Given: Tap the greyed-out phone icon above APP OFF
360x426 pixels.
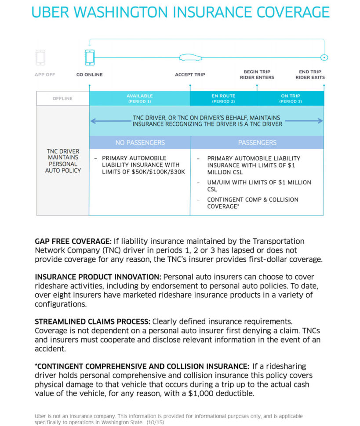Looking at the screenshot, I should (40, 57).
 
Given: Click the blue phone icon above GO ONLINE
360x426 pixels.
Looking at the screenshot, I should (90, 57).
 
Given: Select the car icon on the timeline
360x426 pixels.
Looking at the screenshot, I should (190, 58).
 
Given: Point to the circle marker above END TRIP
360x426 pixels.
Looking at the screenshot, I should (324, 57).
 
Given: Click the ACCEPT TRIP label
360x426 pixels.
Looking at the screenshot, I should (190, 75).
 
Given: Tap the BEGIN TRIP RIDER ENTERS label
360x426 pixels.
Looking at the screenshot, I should (257, 75).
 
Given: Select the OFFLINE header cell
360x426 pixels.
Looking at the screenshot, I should (62, 98).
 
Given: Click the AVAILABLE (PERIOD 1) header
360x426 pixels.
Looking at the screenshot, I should (139, 98).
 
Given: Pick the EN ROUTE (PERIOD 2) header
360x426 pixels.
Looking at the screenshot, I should (223, 98).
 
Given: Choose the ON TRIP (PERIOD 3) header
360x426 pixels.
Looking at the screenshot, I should (291, 98).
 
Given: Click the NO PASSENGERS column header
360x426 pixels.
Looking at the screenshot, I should (140, 143).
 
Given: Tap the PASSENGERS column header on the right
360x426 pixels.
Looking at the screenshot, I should (257, 143).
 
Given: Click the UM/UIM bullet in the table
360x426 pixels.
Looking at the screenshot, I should (259, 186).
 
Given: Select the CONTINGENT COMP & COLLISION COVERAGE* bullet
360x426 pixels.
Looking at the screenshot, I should (252, 203).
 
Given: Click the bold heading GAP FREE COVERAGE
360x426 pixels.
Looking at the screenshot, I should (73, 242).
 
